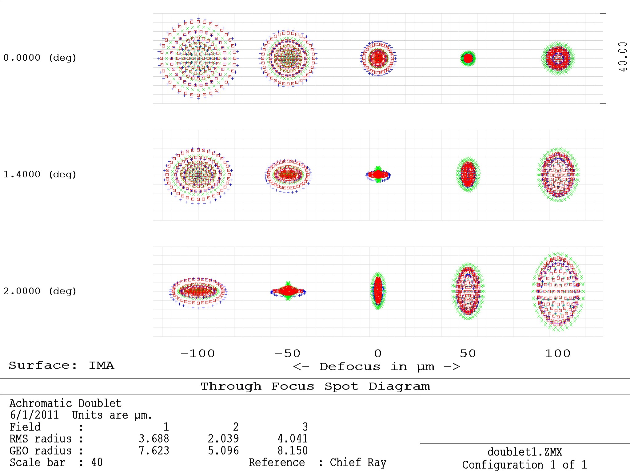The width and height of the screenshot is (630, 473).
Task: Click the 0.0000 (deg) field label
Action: pyautogui.click(x=40, y=58)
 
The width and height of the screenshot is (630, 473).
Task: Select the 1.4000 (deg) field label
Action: pyautogui.click(x=40, y=175)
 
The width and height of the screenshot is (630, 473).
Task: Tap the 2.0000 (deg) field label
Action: pyautogui.click(x=40, y=291)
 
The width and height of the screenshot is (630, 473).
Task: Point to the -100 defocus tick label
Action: pyautogui.click(x=197, y=354)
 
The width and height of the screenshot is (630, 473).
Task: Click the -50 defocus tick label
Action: pyautogui.click(x=287, y=354)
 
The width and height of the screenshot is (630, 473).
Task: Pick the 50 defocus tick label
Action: pyautogui.click(x=468, y=354)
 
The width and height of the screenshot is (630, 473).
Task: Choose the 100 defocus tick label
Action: pyautogui.click(x=558, y=354)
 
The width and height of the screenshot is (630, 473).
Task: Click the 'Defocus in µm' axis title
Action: pyautogui.click(x=377, y=367)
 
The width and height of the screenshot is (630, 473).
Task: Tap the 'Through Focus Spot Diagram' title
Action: pyautogui.click(x=315, y=386)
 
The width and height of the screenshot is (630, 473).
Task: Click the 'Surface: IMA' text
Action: pyautogui.click(x=61, y=366)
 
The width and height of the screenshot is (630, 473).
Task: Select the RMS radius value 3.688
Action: pyautogui.click(x=154, y=439)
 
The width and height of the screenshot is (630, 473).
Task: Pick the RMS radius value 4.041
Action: pyautogui.click(x=293, y=439)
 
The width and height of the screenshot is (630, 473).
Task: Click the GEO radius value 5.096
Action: pyautogui.click(x=223, y=451)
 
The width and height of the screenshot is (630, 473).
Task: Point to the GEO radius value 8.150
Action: pyautogui.click(x=293, y=451)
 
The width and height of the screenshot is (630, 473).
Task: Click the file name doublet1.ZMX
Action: pyautogui.click(x=524, y=452)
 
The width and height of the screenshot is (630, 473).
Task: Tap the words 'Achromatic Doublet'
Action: pyautogui.click(x=65, y=403)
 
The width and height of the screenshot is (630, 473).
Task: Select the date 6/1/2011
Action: pyautogui.click(x=34, y=415)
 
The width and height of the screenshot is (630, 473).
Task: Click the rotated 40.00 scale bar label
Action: pyautogui.click(x=622, y=57)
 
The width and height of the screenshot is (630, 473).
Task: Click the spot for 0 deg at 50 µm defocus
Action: pyautogui.click(x=468, y=58)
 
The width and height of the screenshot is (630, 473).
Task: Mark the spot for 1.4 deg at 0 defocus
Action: pyautogui.click(x=378, y=175)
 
